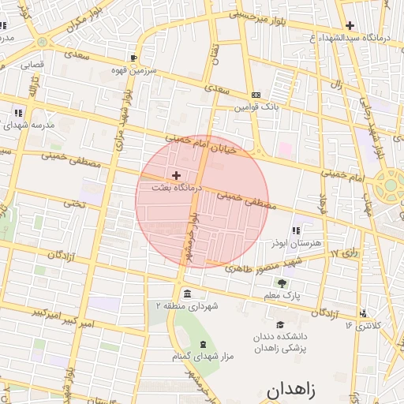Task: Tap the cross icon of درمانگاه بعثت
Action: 175,174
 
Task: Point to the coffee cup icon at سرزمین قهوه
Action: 134,58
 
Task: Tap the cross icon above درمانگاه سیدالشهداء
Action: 350,25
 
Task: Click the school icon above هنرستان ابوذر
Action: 296,230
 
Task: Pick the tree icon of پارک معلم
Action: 282,282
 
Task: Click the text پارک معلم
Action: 282,295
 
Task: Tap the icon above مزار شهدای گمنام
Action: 204,344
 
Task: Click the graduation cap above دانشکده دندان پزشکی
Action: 280,324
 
